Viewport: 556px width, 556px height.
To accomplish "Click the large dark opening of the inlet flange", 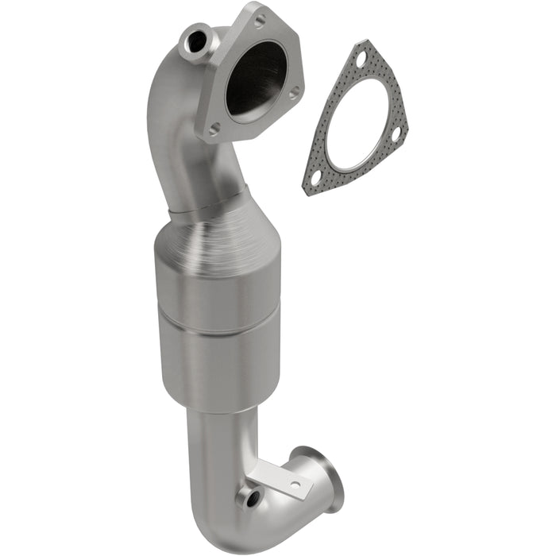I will (256, 77).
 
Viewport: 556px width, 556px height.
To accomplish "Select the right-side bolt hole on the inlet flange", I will (294, 93).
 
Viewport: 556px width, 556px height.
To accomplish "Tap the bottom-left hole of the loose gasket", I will (315, 177).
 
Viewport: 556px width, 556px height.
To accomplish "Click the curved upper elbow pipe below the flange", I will (179, 143).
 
